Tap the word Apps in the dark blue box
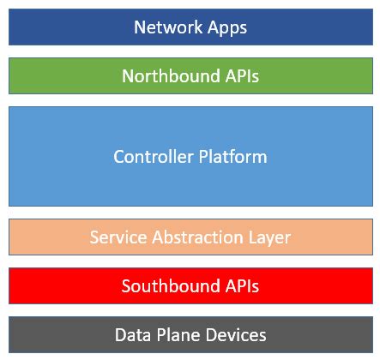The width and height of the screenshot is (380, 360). click(x=222, y=28)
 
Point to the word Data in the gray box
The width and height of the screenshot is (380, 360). click(x=131, y=334)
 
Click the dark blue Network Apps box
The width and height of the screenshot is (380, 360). click(x=51, y=27)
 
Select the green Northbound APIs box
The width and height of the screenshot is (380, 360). click(x=51, y=76)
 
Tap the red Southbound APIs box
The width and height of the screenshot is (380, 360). click(x=51, y=285)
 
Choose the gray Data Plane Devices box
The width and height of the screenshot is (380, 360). click(x=51, y=334)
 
